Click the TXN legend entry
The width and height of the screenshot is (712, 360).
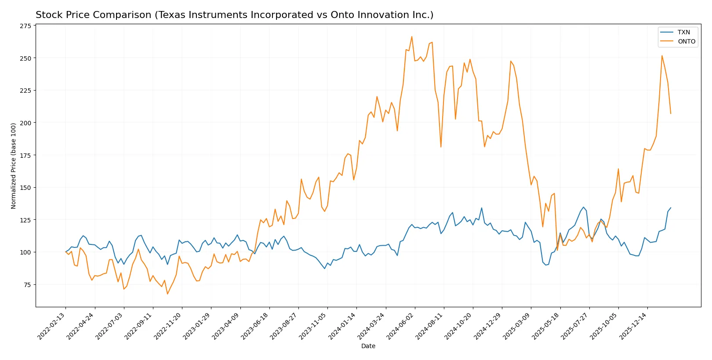683,32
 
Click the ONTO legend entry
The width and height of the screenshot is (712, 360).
686,41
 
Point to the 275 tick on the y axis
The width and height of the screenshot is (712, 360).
26,26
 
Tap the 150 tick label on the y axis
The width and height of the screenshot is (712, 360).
26,188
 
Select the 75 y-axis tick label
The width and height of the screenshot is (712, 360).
27,285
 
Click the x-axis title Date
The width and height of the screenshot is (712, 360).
368,346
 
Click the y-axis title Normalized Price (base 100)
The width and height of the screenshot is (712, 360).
14,166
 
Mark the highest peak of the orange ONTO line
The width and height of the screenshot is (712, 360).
412,36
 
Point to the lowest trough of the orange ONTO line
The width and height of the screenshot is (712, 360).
167,294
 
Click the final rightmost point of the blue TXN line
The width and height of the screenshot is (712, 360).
671,208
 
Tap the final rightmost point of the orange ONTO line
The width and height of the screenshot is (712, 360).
671,113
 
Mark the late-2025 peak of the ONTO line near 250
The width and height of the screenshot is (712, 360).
662,56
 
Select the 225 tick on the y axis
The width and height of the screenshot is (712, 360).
26,91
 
